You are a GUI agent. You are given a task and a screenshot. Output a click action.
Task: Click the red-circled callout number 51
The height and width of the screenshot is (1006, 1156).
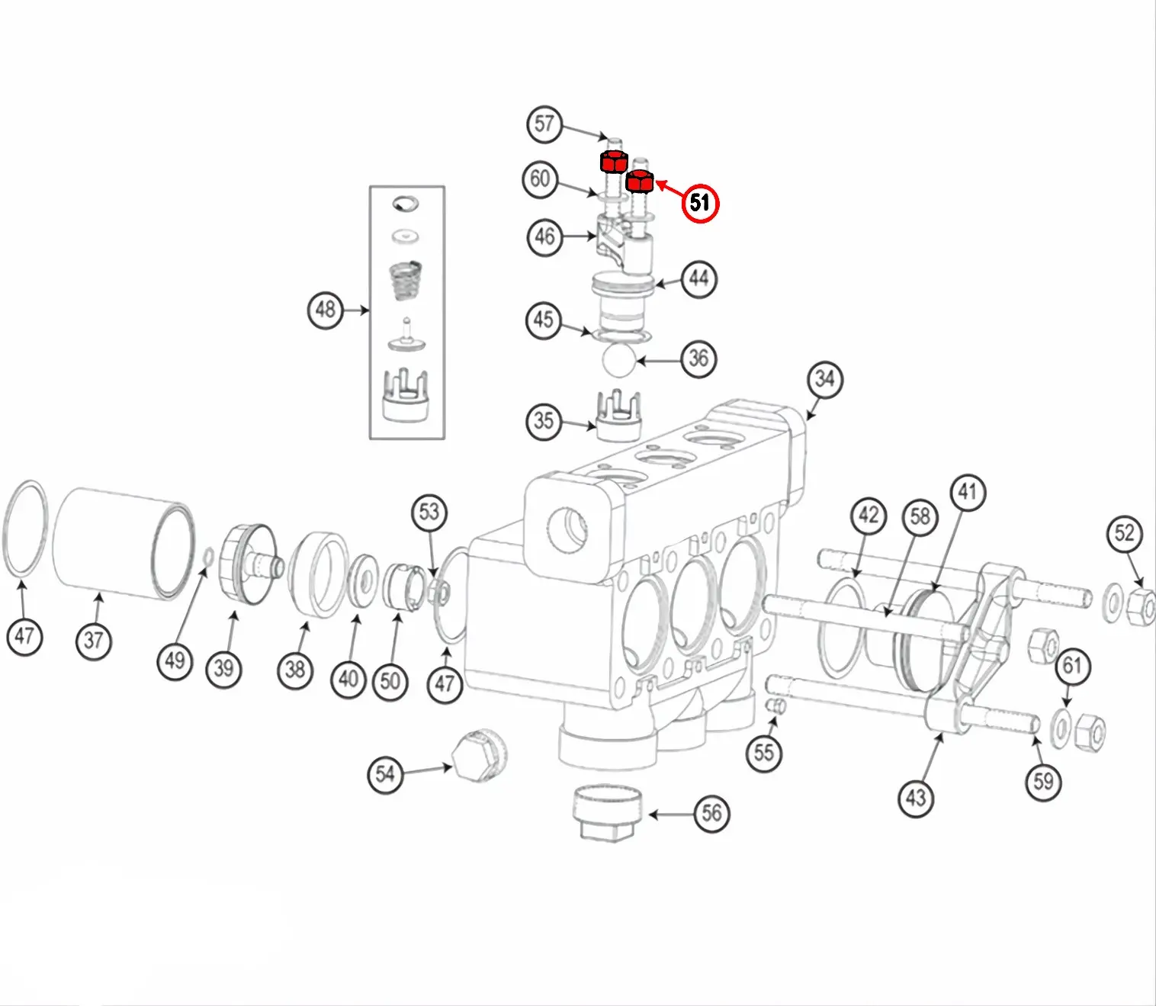click(x=700, y=202)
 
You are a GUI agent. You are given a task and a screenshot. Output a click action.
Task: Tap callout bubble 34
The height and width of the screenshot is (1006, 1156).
click(x=824, y=379)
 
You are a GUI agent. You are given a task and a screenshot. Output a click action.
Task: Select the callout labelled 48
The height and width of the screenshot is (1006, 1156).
click(x=326, y=310)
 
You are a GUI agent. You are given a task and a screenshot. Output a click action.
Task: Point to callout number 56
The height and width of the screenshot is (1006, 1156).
click(x=711, y=813)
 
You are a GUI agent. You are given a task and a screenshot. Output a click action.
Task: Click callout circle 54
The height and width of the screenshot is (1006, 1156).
click(x=385, y=775)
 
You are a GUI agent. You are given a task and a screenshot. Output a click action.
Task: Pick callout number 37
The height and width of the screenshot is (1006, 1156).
click(x=94, y=640)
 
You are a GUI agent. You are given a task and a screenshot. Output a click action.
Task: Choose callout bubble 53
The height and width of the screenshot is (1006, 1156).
click(x=429, y=512)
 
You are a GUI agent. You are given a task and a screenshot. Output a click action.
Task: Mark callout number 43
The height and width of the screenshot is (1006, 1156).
click(x=916, y=798)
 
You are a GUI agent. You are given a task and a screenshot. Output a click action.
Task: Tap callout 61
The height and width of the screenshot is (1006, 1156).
click(x=1072, y=666)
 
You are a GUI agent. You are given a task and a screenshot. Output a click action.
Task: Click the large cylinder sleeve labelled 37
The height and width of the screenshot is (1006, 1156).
click(x=122, y=541)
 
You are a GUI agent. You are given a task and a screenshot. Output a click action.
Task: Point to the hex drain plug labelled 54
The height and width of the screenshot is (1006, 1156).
click(x=477, y=754)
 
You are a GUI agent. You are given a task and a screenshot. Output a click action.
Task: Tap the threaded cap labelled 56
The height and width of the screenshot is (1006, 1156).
click(x=607, y=812)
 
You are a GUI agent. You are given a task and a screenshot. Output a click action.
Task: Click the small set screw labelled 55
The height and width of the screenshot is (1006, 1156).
click(x=775, y=705)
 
